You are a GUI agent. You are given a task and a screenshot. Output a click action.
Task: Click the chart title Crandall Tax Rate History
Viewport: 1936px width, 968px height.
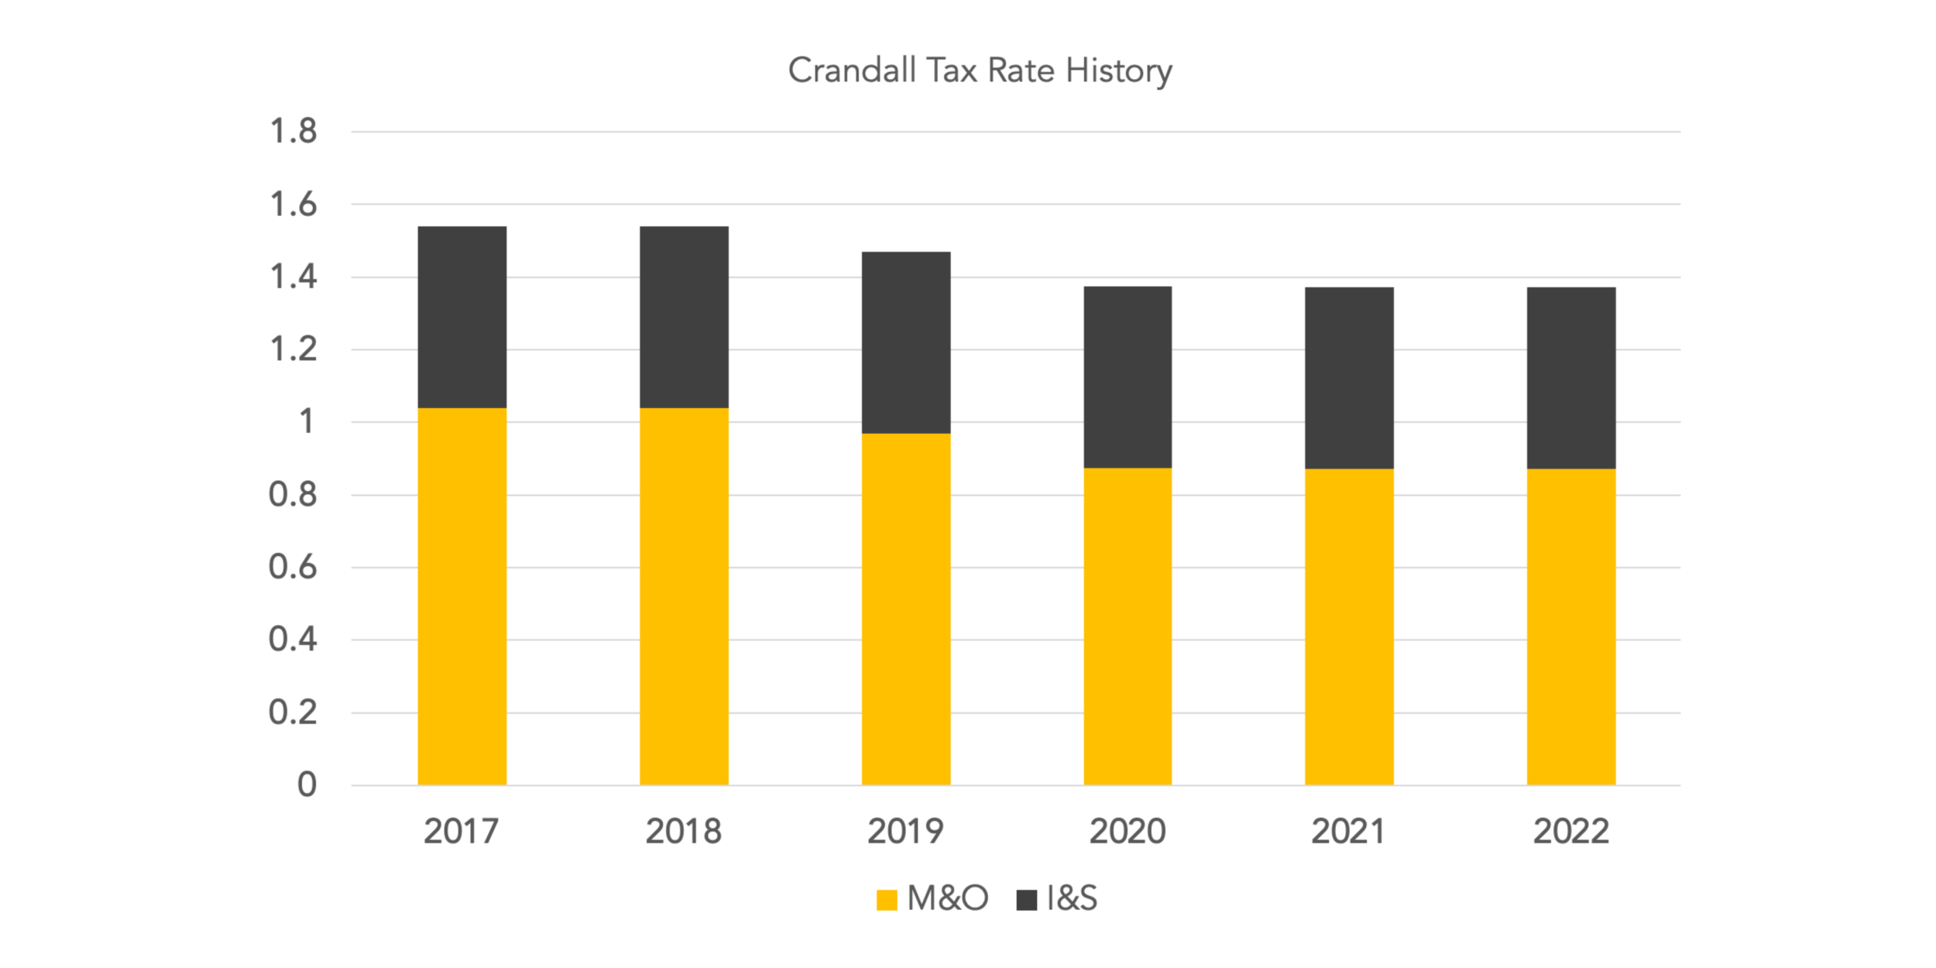(980, 70)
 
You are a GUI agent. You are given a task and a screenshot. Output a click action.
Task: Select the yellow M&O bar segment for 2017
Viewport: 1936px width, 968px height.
(462, 596)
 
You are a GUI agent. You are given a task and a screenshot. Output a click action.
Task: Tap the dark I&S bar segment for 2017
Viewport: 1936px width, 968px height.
(462, 317)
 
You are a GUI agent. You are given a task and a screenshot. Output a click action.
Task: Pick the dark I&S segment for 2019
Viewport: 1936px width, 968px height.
(906, 342)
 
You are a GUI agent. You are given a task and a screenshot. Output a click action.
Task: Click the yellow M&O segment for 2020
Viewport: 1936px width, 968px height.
(1128, 626)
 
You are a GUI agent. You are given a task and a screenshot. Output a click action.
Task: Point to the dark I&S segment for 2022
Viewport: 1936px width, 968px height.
(1571, 378)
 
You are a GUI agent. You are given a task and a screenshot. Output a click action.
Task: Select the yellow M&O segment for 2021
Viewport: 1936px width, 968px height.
(1349, 626)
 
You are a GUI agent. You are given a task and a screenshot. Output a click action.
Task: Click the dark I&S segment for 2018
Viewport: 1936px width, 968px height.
(684, 317)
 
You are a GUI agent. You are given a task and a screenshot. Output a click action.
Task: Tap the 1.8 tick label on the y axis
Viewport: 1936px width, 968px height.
(293, 132)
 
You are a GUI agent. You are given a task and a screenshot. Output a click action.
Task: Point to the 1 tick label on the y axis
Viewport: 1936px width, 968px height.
(307, 422)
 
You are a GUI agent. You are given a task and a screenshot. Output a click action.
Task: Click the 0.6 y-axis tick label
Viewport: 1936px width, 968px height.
(293, 568)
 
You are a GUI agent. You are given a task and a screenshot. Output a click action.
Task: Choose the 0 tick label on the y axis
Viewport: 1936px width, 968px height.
(307, 785)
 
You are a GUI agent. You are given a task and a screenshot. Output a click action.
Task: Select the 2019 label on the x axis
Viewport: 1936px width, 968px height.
(905, 832)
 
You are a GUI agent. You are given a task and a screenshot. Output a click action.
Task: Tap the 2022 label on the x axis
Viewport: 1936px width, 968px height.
(1571, 832)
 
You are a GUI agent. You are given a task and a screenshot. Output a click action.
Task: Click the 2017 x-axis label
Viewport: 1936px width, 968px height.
(462, 832)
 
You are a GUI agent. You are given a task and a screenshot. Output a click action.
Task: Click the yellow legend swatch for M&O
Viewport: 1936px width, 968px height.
(887, 900)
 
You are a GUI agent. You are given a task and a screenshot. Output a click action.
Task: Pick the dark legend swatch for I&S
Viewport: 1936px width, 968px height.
(1026, 900)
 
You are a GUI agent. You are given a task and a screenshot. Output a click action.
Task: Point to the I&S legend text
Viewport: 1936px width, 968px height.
(1072, 898)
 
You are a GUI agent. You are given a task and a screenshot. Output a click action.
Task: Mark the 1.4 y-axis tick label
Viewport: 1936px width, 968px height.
(293, 277)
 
